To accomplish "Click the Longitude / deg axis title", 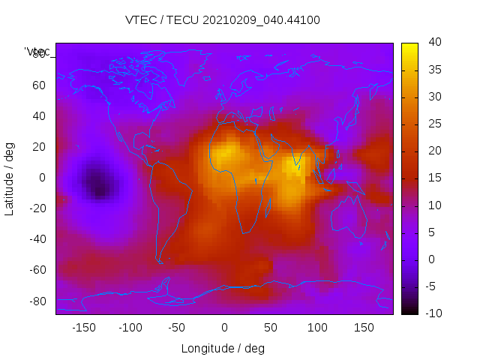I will [x=223, y=349].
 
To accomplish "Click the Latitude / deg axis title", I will [x=10, y=178].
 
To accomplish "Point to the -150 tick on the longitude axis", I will [x=83, y=327].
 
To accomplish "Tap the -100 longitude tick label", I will [x=130, y=327].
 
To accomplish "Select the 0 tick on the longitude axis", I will [x=223, y=327].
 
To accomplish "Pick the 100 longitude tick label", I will [x=317, y=327].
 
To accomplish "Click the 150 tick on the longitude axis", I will [x=364, y=327].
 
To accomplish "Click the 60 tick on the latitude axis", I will [x=39, y=85].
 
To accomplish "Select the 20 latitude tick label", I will [x=39, y=147].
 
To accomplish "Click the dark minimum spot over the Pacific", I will [x=97, y=183].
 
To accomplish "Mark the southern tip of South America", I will [x=160, y=261].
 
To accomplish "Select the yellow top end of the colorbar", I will [x=409, y=46].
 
